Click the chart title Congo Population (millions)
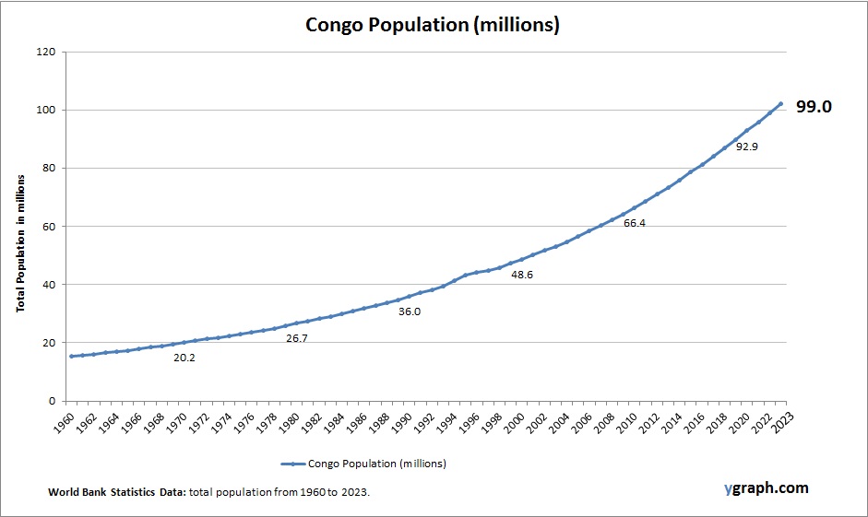click(433, 25)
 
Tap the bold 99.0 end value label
click(814, 107)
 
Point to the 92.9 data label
click(747, 147)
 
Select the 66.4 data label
click(634, 223)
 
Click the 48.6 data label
click(522, 275)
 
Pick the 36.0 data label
click(409, 311)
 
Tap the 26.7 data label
click(297, 338)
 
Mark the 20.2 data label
click(184, 357)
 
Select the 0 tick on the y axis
click(53, 401)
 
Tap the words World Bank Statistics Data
click(117, 493)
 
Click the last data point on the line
click(781, 104)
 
